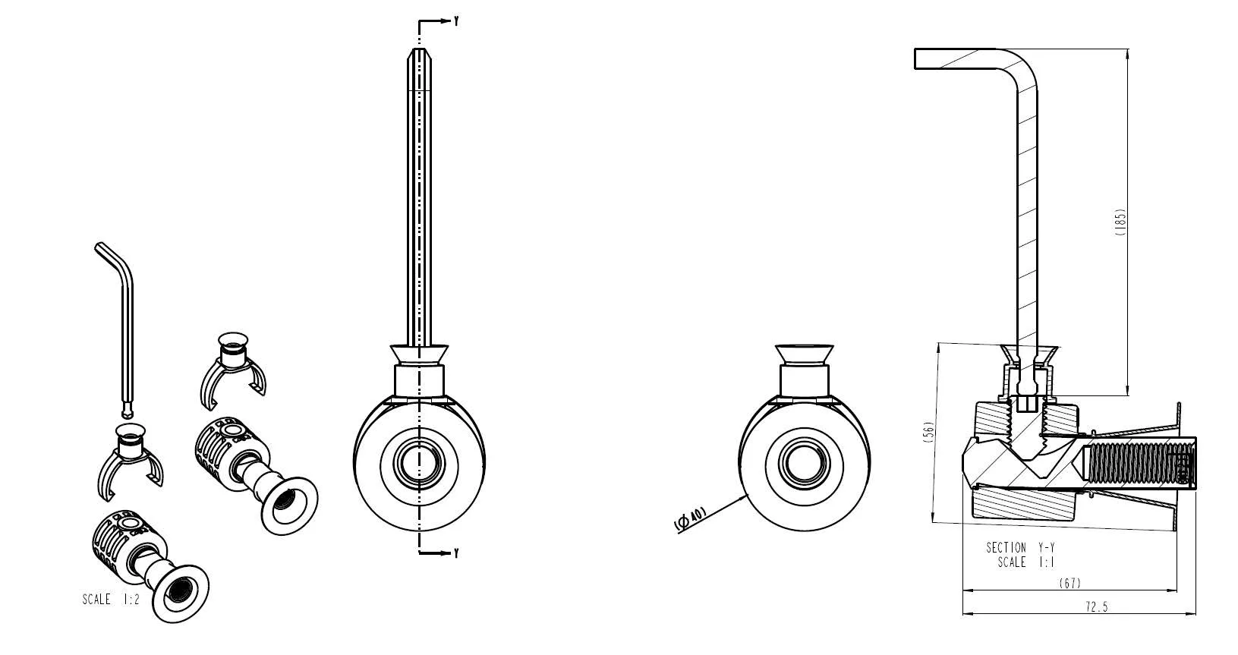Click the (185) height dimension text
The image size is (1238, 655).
(x=1121, y=222)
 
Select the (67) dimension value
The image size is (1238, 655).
(x=1069, y=583)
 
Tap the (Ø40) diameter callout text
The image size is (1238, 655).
(x=690, y=519)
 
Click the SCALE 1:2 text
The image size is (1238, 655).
(x=111, y=600)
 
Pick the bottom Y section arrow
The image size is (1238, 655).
(x=440, y=553)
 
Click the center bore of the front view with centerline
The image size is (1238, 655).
(x=418, y=462)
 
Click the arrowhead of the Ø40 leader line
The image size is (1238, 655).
(x=747, y=495)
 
